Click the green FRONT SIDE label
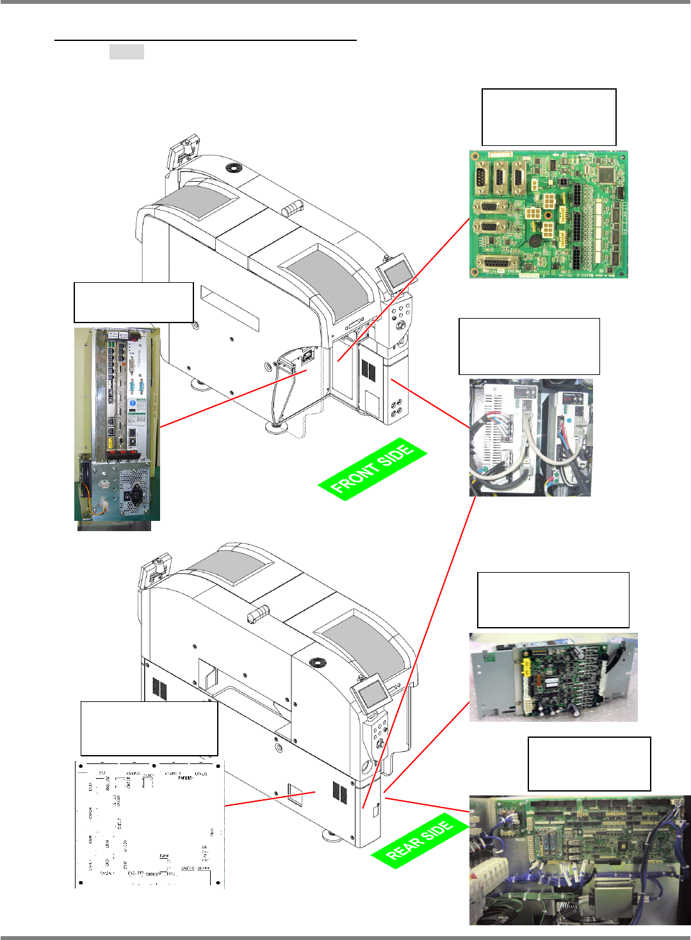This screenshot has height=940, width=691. click(x=372, y=469)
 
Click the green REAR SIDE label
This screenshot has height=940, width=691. click(x=420, y=839)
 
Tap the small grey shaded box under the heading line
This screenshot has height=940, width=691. click(x=126, y=52)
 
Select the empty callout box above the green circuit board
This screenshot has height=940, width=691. click(x=549, y=118)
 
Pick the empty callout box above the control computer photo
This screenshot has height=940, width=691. click(x=134, y=302)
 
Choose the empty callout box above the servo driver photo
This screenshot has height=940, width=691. click(x=529, y=346)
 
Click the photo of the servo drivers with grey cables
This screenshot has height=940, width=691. click(x=531, y=438)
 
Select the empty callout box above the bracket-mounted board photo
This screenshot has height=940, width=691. click(x=553, y=600)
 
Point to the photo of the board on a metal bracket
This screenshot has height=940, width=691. click(x=553, y=677)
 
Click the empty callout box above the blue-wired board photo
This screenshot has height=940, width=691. click(x=589, y=763)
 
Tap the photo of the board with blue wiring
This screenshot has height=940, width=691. click(x=580, y=859)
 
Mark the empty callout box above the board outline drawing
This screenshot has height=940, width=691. click(x=149, y=728)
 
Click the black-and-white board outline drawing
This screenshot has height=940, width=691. click(x=150, y=824)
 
